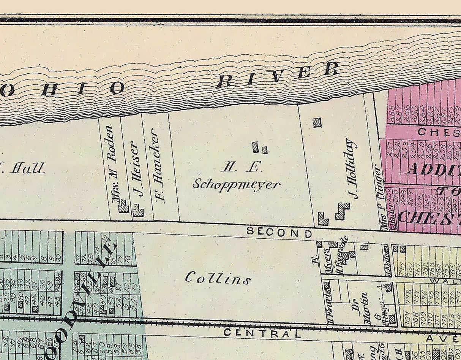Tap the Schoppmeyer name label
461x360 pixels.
[236, 184]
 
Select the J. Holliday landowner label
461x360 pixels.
[352, 168]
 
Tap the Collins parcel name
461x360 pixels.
[218, 278]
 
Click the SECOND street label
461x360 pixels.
[279, 231]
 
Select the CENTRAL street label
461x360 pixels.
[262, 333]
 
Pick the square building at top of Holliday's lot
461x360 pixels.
[317, 122]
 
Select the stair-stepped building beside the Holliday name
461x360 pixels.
[342, 211]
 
